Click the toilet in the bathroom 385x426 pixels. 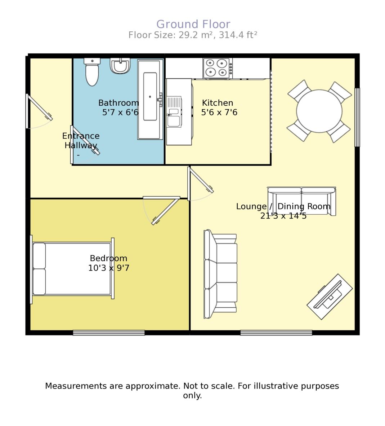[92, 73]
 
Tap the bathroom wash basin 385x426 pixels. [120, 66]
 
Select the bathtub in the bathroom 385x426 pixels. [150, 99]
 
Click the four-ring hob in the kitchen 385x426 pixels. [217, 68]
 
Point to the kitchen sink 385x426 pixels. [174, 112]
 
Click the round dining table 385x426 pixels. [319, 111]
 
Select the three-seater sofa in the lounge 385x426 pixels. [220, 274]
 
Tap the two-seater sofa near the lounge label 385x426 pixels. [301, 200]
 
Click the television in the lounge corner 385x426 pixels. [330, 297]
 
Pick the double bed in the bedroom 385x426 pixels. [72, 269]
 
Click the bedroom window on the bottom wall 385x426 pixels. [109, 333]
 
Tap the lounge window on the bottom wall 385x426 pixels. [276, 333]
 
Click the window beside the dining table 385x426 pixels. [357, 117]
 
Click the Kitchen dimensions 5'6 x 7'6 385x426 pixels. [219, 113]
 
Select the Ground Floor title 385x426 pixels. [193, 24]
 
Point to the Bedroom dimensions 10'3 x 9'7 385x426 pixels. [109, 268]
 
